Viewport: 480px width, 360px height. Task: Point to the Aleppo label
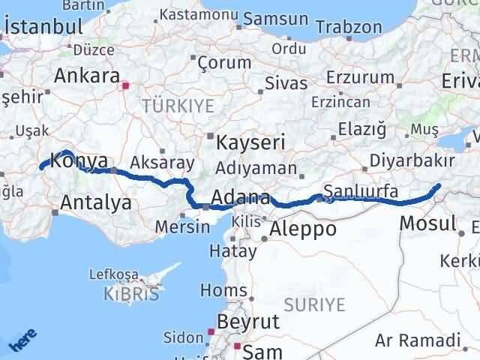[303, 229]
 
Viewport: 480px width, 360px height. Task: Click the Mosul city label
[427, 223]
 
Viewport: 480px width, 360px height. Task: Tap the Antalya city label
[95, 202]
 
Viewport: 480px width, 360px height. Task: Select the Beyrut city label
[248, 322]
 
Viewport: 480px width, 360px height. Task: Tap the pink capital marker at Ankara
[126, 85]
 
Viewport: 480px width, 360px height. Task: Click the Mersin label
[181, 226]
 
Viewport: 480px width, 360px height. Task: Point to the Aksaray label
[162, 162]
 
